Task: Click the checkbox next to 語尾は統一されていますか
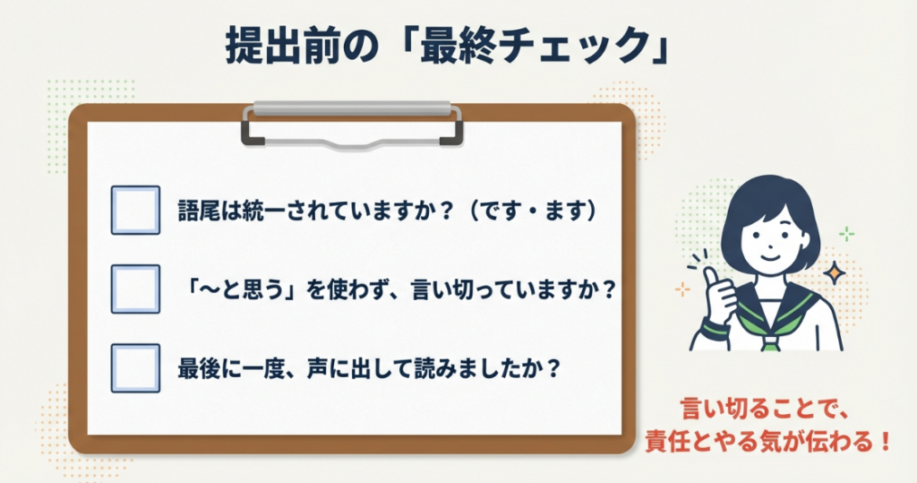pyautogui.click(x=135, y=211)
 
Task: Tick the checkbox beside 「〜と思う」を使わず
pyautogui.click(x=135, y=289)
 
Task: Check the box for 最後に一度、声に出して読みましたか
pyautogui.click(x=135, y=367)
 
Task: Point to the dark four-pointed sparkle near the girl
pyautogui.click(x=835, y=272)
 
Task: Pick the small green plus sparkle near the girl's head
pyautogui.click(x=845, y=234)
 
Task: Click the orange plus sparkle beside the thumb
pyautogui.click(x=682, y=289)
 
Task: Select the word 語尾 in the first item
pyautogui.click(x=198, y=211)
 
